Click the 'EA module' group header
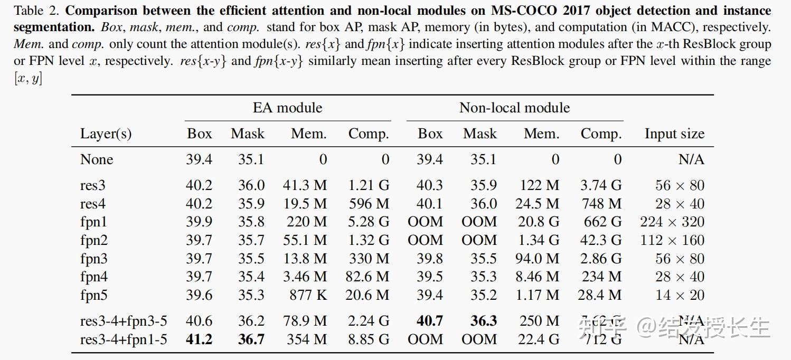(287, 108)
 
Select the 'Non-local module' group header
(514, 108)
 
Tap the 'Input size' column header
(674, 134)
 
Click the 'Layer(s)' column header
(106, 134)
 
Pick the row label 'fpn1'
(93, 222)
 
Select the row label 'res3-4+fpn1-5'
(124, 339)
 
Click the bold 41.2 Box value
(199, 339)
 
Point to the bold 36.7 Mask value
(251, 339)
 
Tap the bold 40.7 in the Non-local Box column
(430, 320)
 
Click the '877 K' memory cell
(308, 295)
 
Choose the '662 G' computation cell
(602, 222)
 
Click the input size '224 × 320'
(672, 222)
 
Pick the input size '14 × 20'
(680, 295)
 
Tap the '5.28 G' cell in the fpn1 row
(369, 222)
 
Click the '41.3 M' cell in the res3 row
(305, 185)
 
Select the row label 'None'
(97, 159)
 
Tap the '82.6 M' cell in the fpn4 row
(368, 277)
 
